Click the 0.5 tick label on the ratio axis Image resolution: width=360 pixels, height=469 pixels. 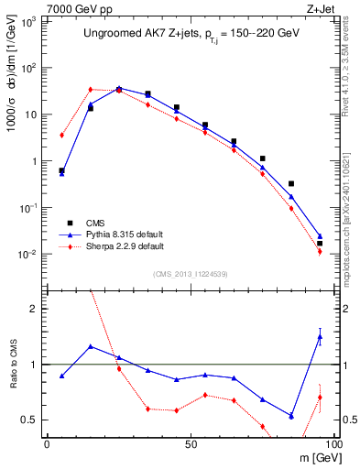click(x=30, y=420)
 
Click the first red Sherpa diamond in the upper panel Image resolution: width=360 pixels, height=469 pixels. click(x=61, y=135)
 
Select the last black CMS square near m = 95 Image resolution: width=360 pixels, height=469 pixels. click(x=320, y=243)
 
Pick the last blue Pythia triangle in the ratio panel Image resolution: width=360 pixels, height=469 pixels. click(x=320, y=337)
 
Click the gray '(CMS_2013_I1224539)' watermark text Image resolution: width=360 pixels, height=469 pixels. click(x=190, y=274)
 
